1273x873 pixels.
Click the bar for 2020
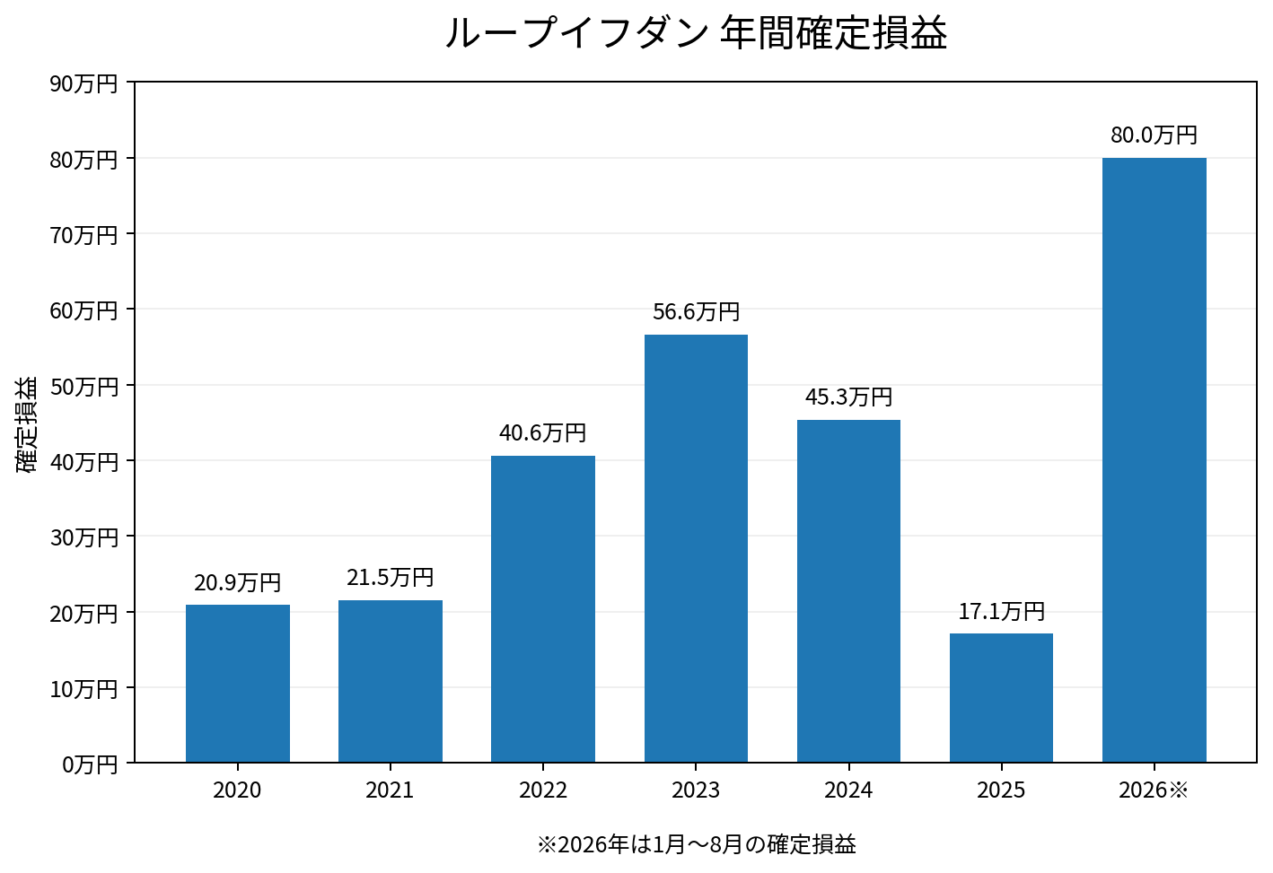point(238,684)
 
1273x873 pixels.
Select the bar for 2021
point(391,681)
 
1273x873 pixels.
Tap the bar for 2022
point(543,609)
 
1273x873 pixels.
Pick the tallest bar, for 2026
point(1154,460)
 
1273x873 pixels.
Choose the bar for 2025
point(1001,697)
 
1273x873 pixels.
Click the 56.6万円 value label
point(696,311)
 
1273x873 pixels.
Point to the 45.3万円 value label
point(848,397)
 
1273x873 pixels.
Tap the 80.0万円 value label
point(1154,135)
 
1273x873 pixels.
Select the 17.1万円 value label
point(1001,611)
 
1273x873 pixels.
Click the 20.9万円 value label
point(238,582)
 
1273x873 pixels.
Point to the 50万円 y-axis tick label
point(83,386)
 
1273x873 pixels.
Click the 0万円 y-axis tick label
point(90,764)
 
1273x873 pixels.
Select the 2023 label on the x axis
point(696,790)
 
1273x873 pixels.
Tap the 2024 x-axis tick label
point(848,790)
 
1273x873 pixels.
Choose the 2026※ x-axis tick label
point(1154,790)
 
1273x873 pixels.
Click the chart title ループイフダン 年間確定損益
point(696,32)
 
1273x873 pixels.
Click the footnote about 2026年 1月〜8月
point(697,844)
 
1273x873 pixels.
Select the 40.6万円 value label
point(543,432)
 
